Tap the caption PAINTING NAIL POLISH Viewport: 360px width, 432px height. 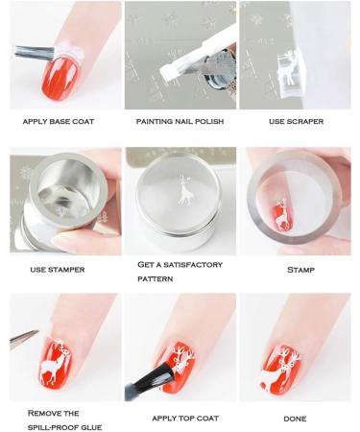pyautogui.click(x=179, y=123)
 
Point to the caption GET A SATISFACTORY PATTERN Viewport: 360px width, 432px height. pyautogui.click(x=179, y=271)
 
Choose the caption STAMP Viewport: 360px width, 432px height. pyautogui.click(x=300, y=270)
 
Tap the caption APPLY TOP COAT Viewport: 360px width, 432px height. pyautogui.click(x=179, y=419)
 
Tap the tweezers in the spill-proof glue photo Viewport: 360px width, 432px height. pyautogui.click(x=23, y=336)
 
